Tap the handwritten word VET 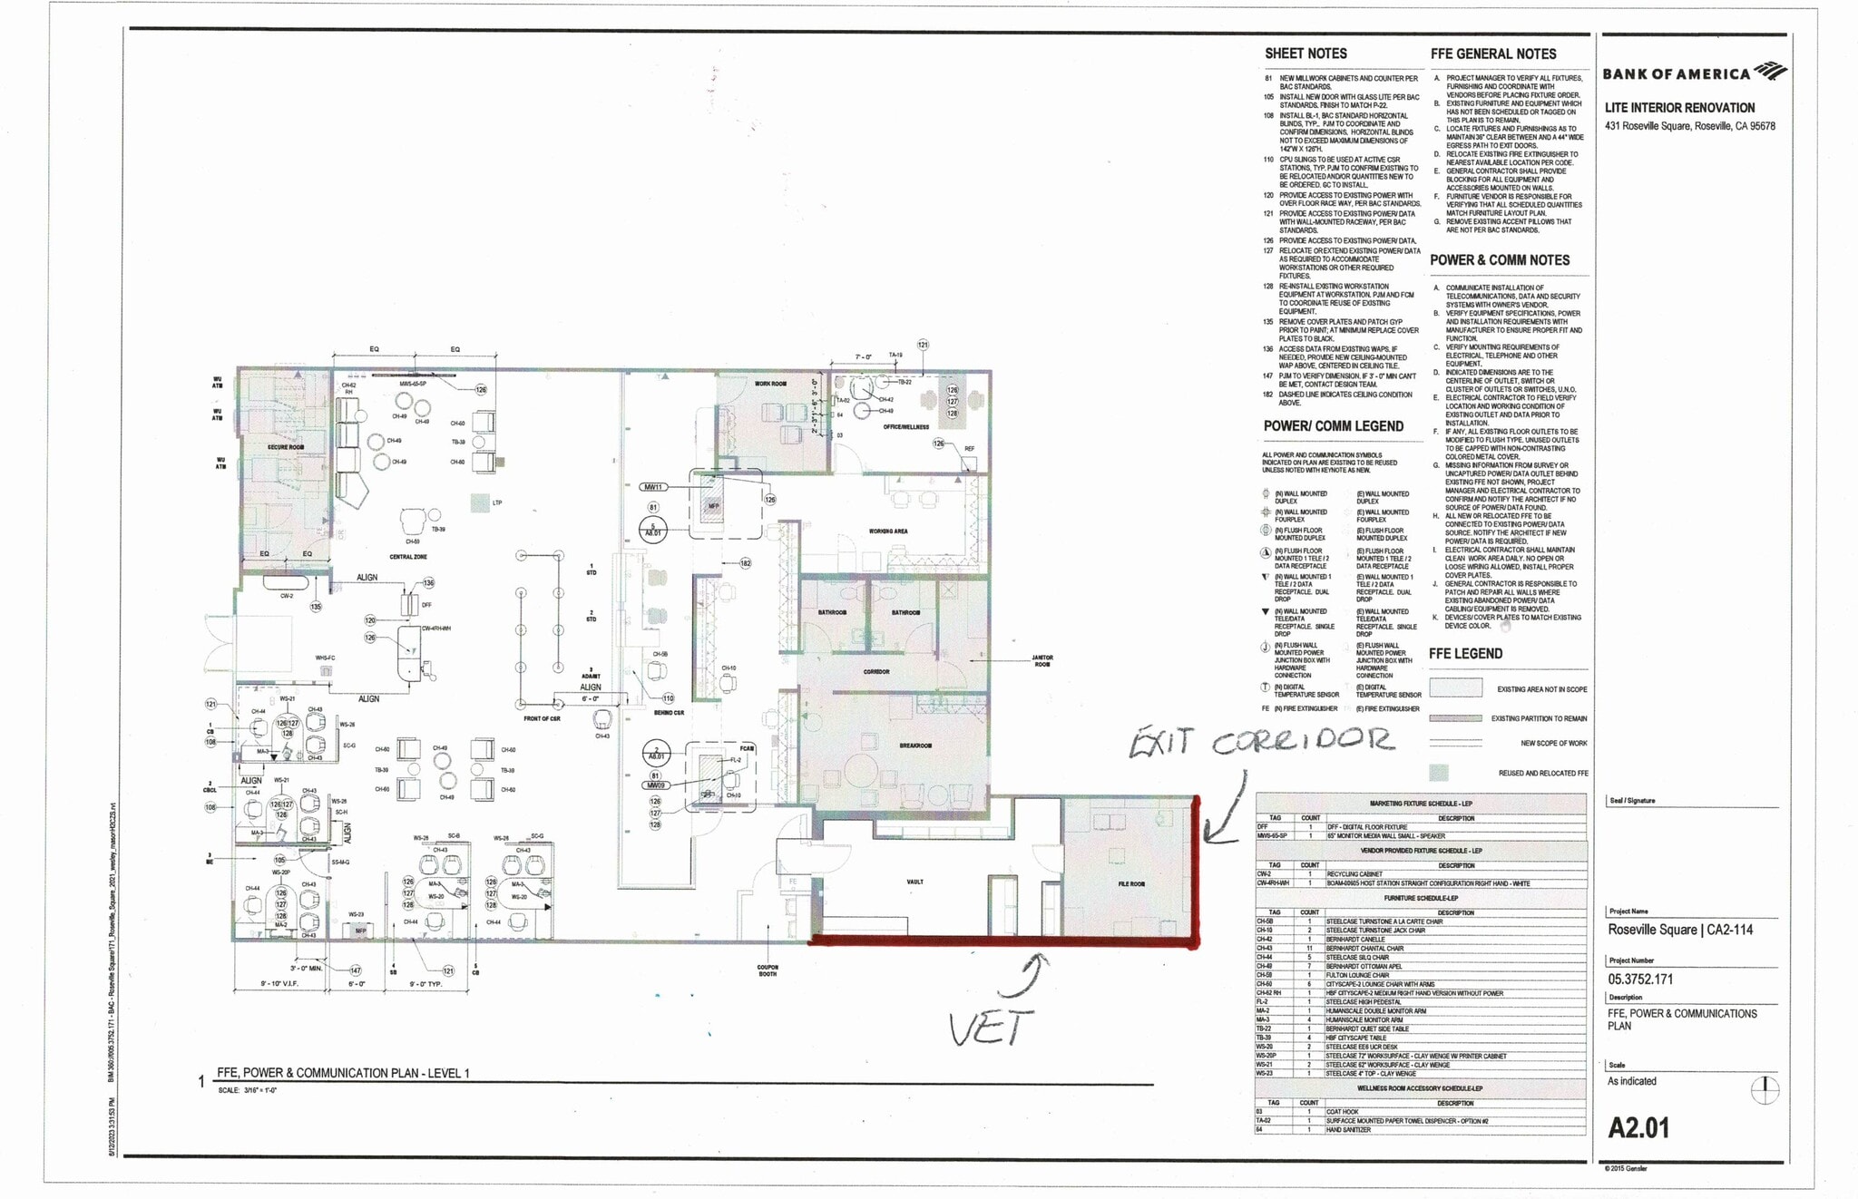[991, 1028]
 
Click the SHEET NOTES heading [1305, 54]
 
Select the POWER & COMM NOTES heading [1500, 260]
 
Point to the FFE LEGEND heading [1465, 653]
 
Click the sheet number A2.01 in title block [1638, 1127]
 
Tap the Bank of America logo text [1677, 73]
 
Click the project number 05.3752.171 [1640, 979]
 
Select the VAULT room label [914, 882]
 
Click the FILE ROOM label [1130, 883]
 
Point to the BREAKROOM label [915, 746]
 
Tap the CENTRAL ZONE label [408, 557]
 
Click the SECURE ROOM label [285, 447]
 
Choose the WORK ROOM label [770, 384]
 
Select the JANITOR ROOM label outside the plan [1041, 661]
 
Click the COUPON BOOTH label [768, 970]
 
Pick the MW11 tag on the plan [653, 487]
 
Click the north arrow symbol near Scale [1764, 1088]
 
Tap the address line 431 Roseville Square [1689, 126]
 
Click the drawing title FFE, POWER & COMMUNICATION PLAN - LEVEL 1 [343, 1073]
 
